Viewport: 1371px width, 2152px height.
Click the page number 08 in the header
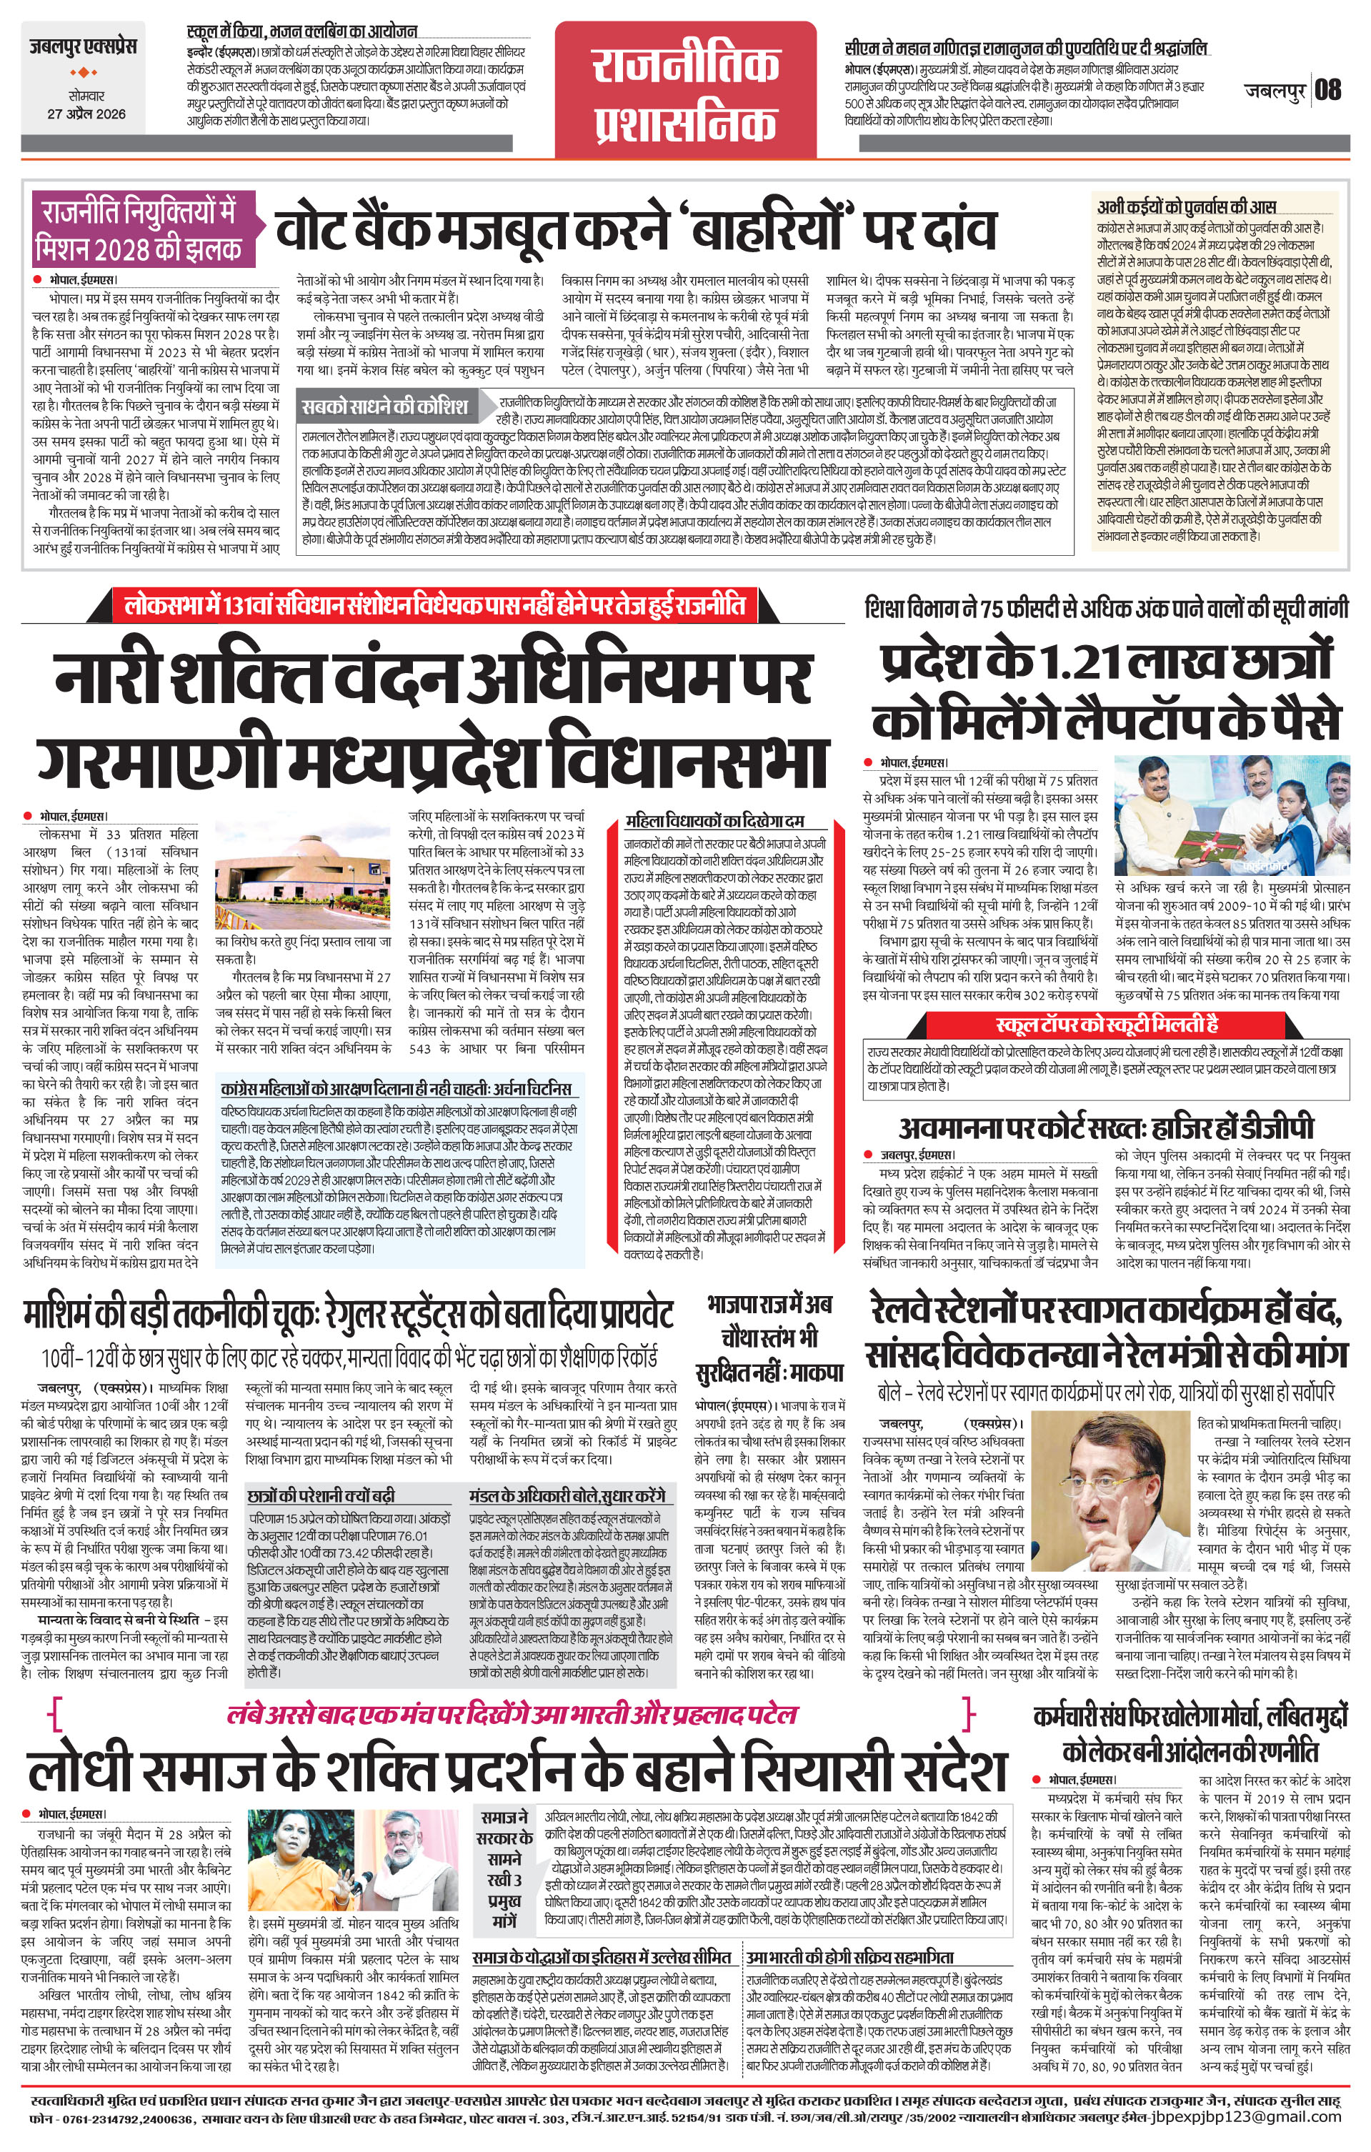(1328, 89)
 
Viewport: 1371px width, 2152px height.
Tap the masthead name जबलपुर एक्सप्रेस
(82, 46)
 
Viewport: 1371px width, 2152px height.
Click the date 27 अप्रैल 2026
(86, 114)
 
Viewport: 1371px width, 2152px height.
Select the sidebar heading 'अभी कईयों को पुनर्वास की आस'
(1187, 206)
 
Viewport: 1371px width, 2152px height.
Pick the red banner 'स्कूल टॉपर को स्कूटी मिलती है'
(1107, 1024)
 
